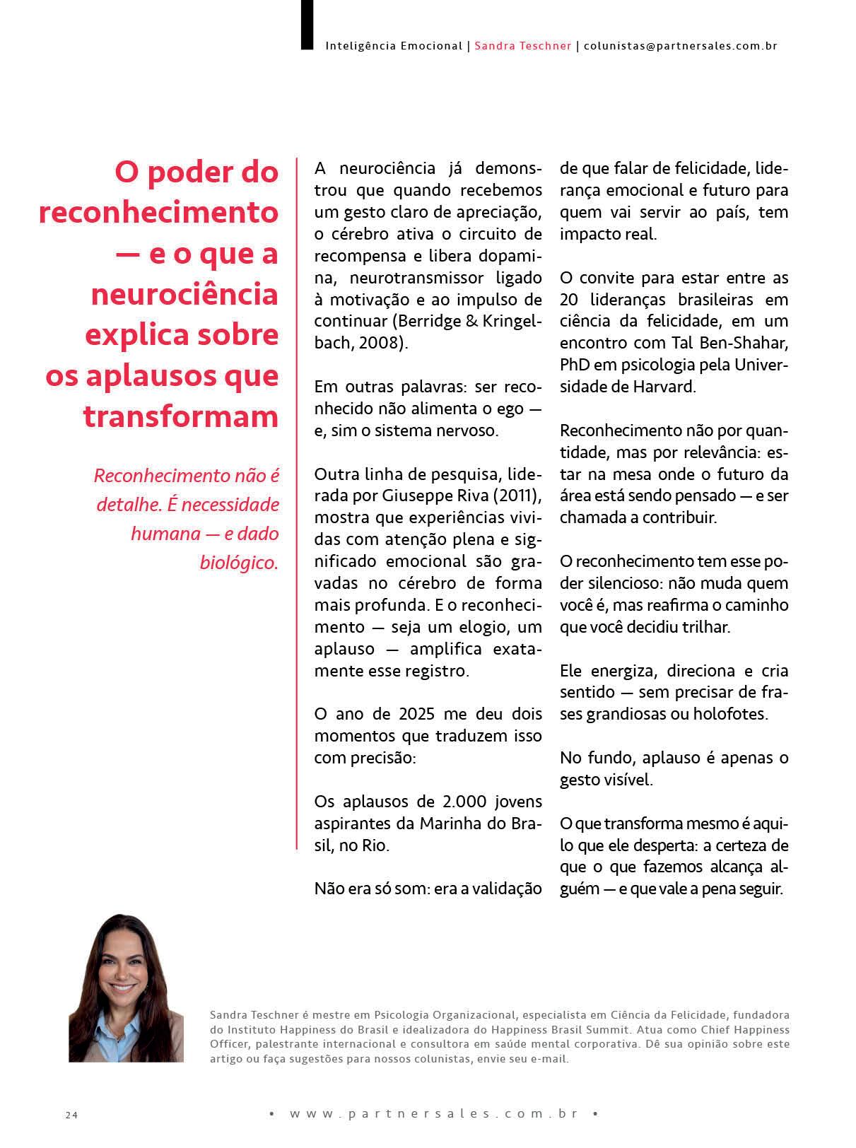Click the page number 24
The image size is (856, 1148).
pos(71,1115)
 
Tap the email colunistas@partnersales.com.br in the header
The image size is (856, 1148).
pos(681,46)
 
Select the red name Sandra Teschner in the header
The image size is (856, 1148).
pos(522,46)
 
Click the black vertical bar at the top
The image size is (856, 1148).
pos(307,25)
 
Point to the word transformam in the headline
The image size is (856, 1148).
pos(181,416)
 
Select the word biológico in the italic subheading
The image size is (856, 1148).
pos(239,563)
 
